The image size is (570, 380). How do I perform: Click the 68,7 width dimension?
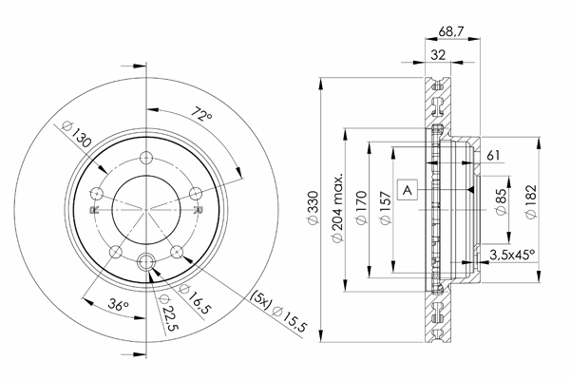point(451,31)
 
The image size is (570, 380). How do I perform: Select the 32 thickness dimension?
point(438,55)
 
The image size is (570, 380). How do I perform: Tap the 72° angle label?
point(201,114)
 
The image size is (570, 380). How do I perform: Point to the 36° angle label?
point(118,305)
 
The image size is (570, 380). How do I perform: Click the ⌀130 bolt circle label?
point(76,134)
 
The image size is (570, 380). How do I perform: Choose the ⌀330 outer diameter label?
point(313,208)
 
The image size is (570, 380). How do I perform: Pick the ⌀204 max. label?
point(337,208)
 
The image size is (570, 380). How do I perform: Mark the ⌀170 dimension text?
point(362,208)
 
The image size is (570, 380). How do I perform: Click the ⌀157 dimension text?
point(386,208)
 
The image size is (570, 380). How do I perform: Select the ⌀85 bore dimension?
point(501,202)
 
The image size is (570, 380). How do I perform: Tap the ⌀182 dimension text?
point(531,202)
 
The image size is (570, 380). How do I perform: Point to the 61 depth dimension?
point(493,155)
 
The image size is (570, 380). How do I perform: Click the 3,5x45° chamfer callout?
point(512,255)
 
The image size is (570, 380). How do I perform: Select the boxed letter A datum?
point(408,189)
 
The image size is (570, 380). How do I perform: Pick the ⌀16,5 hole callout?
point(195,299)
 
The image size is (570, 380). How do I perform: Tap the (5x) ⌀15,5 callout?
point(278,312)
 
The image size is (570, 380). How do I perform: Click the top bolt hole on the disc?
point(146,158)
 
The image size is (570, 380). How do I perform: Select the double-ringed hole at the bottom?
point(146,261)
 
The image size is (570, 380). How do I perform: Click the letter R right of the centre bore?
point(198,210)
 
